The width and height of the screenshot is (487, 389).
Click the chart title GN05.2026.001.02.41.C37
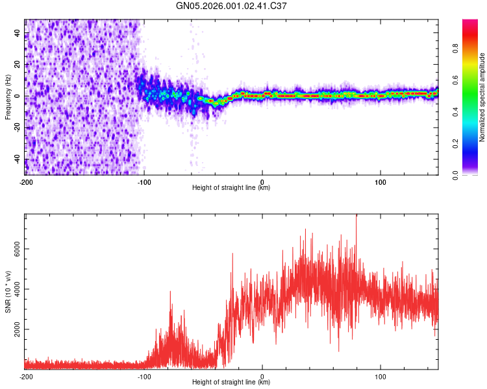[232, 6]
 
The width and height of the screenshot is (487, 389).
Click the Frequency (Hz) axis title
[8, 97]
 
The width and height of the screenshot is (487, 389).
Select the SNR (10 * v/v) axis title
[8, 291]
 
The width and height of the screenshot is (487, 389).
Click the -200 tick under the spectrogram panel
[26, 182]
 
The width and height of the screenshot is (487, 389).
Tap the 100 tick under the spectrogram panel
[380, 182]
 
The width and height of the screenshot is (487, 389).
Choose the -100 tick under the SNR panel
[144, 377]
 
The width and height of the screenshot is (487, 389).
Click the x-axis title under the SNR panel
[231, 383]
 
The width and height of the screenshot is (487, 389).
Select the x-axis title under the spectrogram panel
[231, 188]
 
